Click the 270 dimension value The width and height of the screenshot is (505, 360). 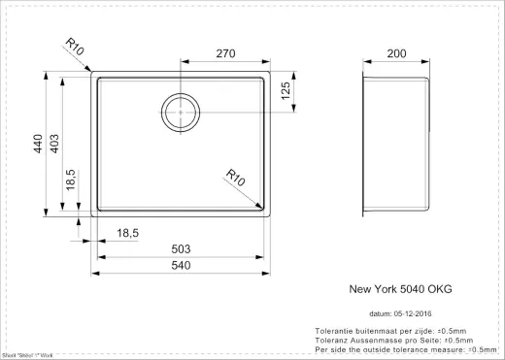225,56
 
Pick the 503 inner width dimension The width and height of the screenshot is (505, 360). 183,249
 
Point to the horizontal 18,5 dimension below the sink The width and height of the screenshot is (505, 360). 128,234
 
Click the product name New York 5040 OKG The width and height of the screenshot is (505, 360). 399,289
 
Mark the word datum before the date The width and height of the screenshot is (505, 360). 382,314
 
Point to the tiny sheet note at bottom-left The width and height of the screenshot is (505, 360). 26,355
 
